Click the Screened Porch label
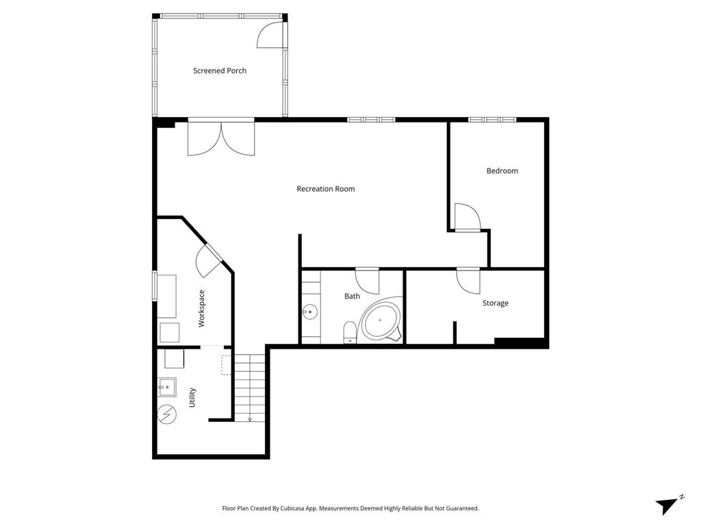coord(220,71)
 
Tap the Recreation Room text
coord(325,189)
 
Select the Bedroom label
coord(502,171)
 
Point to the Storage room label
coord(496,303)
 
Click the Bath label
coord(352,296)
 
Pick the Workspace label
coord(202,309)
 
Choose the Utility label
coord(192,397)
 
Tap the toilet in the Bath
coord(350,333)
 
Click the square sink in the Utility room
coord(167,388)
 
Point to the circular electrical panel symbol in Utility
coord(167,414)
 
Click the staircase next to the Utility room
coord(250,388)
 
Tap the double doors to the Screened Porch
coord(221,138)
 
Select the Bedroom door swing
coord(468,217)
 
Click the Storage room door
coord(468,281)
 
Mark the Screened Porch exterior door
coord(270,34)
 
